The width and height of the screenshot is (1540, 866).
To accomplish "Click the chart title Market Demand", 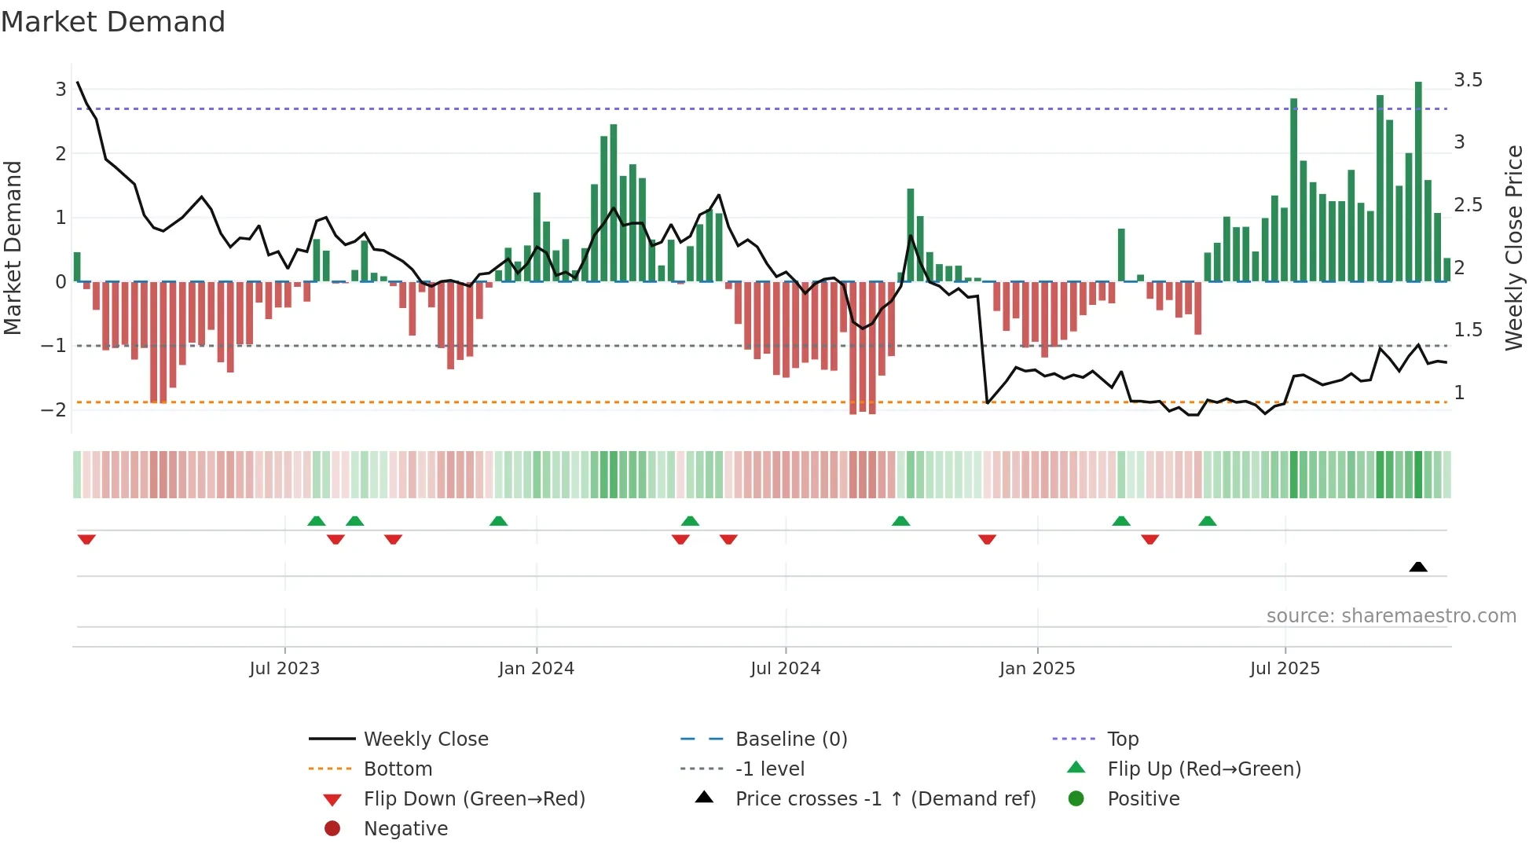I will pyautogui.click(x=113, y=22).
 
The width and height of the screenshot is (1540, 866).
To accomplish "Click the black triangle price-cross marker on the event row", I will pyautogui.click(x=1418, y=567).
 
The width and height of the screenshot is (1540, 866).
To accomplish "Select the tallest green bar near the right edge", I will pyautogui.click(x=1418, y=181).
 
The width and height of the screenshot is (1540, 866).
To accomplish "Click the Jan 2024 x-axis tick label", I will pyautogui.click(x=537, y=669).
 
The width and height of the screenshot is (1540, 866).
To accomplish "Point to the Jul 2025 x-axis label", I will pyautogui.click(x=1285, y=669).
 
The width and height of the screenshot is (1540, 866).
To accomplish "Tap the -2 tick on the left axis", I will pyautogui.click(x=53, y=409).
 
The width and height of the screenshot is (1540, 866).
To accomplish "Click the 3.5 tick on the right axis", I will pyautogui.click(x=1468, y=80).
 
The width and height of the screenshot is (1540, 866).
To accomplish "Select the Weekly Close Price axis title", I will pyautogui.click(x=1514, y=248).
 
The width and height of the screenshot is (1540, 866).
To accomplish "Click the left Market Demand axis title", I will pyautogui.click(x=13, y=248).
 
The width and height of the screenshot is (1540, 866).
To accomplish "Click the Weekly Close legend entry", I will pyautogui.click(x=426, y=739).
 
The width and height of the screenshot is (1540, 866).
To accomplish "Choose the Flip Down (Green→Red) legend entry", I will pyautogui.click(x=474, y=799).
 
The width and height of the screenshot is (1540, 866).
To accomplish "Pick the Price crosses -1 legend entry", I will pyautogui.click(x=885, y=799).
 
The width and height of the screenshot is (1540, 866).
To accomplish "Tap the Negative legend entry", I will pyautogui.click(x=405, y=829).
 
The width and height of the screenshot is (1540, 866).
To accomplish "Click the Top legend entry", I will pyautogui.click(x=1123, y=739).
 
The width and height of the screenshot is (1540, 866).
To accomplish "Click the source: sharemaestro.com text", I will pyautogui.click(x=1391, y=616).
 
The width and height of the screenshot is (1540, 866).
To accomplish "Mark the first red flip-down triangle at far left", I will pyautogui.click(x=86, y=539).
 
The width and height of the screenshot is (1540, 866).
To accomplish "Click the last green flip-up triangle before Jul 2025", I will pyautogui.click(x=1208, y=521).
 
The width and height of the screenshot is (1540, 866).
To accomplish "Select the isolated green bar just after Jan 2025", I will pyautogui.click(x=1121, y=255).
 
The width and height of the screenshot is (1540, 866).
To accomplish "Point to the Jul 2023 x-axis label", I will pyautogui.click(x=284, y=669).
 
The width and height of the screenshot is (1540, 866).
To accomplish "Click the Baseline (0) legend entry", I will pyautogui.click(x=791, y=739).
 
